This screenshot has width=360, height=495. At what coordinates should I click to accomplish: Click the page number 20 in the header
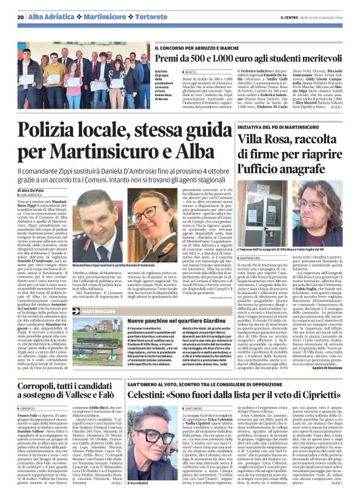20,16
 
